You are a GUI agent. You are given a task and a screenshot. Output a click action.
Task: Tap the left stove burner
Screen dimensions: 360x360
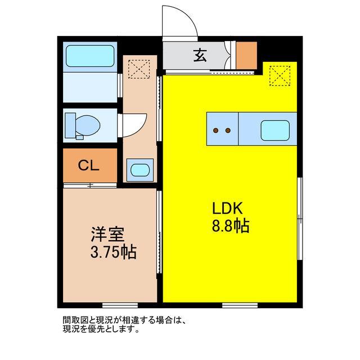[x=216, y=130]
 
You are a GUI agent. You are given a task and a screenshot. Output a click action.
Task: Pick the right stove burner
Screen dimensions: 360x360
[x=228, y=130]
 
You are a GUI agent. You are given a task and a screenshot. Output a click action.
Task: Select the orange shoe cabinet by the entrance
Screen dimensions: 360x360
[x=246, y=55]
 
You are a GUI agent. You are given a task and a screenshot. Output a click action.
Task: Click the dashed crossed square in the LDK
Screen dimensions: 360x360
[x=278, y=76]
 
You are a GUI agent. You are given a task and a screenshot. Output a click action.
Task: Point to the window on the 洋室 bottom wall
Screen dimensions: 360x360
[x=104, y=305]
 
